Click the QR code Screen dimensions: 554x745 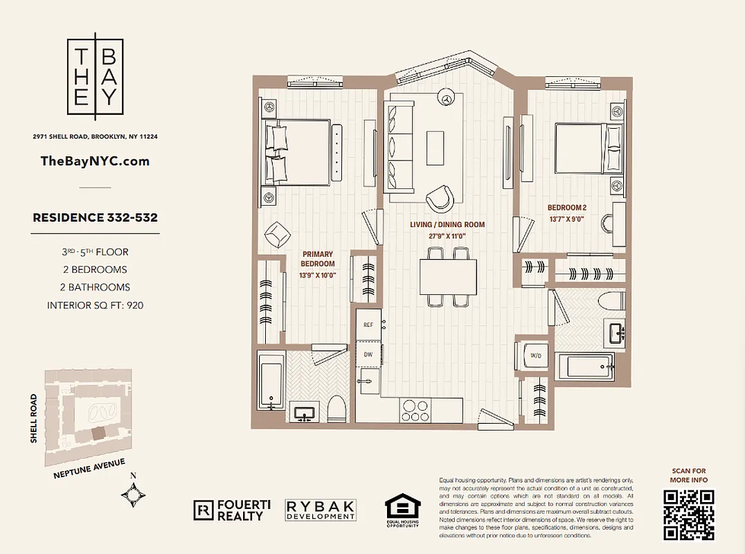click(x=688, y=514)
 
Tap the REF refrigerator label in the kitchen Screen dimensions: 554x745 click(x=368, y=325)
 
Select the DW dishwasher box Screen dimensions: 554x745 click(x=368, y=353)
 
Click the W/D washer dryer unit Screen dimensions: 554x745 click(x=535, y=356)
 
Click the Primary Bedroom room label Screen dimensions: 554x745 click(x=318, y=259)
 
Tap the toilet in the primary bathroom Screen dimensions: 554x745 click(x=336, y=409)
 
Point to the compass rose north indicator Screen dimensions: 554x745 click(x=134, y=493)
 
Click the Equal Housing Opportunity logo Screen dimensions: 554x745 click(x=402, y=510)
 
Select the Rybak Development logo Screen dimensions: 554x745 click(x=321, y=510)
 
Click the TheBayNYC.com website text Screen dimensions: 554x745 click(x=95, y=161)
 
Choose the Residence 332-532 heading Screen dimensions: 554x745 click(x=95, y=217)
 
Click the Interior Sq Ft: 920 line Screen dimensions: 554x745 click(x=95, y=305)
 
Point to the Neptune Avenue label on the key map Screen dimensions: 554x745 click(x=89, y=469)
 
